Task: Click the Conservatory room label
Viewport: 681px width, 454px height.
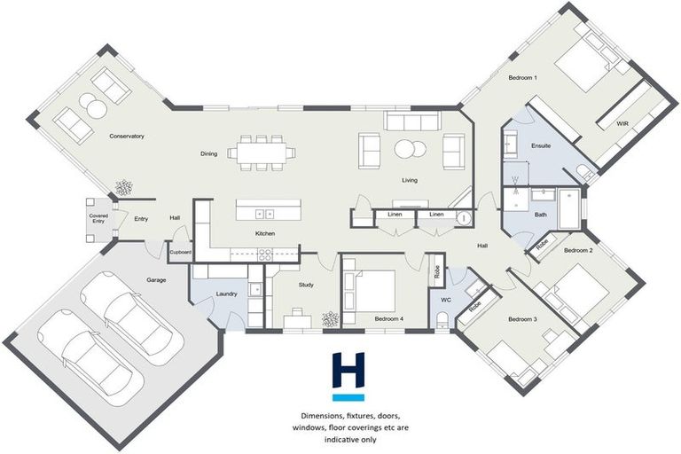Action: click(x=127, y=137)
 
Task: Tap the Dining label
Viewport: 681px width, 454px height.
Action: click(x=209, y=153)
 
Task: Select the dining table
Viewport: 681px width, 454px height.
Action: click(x=262, y=153)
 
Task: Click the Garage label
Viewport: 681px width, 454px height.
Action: click(x=156, y=280)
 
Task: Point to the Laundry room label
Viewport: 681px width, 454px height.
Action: click(x=226, y=294)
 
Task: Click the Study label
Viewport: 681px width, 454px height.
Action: click(x=306, y=285)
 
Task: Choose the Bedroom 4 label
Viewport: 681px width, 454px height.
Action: click(x=389, y=319)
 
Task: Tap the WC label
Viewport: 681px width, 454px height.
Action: click(x=446, y=300)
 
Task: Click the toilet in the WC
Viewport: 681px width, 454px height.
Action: click(x=442, y=320)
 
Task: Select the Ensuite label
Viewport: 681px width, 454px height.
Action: click(x=541, y=146)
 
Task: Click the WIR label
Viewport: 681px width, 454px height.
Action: click(x=622, y=124)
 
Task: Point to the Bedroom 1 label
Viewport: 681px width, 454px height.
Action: click(x=522, y=78)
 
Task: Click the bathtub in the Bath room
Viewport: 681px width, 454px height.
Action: click(x=569, y=209)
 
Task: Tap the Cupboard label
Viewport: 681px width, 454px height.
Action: click(x=180, y=253)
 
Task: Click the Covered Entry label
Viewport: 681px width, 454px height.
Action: click(x=98, y=218)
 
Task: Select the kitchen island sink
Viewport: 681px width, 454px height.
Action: click(x=264, y=214)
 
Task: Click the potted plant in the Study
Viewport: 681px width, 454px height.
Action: click(x=330, y=319)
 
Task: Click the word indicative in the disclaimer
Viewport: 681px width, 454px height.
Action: click(x=340, y=440)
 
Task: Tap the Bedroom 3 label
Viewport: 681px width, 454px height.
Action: click(x=522, y=319)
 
